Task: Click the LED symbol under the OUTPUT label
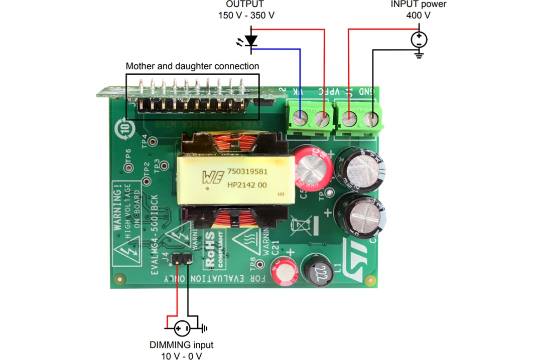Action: click(x=250, y=40)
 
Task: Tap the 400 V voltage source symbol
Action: click(x=419, y=39)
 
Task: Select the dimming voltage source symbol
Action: click(x=182, y=329)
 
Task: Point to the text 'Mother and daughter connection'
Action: click(x=192, y=66)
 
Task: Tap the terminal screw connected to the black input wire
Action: click(x=371, y=119)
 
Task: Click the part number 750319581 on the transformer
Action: click(x=247, y=171)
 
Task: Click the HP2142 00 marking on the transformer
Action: click(x=247, y=185)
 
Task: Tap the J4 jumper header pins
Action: click(x=182, y=259)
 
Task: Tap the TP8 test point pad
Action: click(x=259, y=264)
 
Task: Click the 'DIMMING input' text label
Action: click(x=181, y=345)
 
